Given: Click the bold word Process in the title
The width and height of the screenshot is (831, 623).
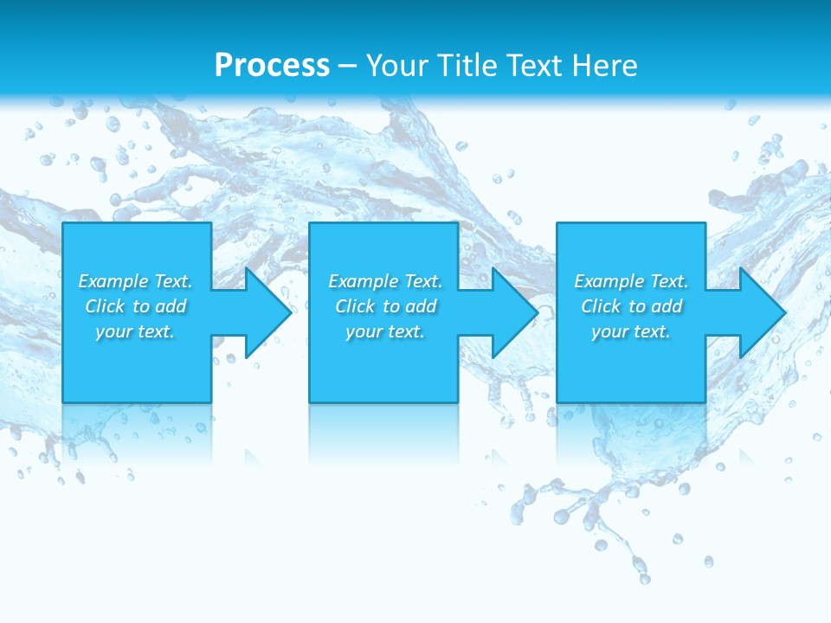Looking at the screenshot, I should pos(272,66).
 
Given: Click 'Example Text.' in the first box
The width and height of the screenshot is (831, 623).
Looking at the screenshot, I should pos(135,281).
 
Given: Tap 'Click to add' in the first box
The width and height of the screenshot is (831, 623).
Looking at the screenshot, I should pos(135,306).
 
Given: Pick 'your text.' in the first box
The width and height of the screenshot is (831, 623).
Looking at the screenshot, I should pos(135,331).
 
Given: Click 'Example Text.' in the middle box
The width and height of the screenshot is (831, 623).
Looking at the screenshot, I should pos(385,281).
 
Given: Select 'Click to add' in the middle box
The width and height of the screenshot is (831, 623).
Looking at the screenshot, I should pos(385,306).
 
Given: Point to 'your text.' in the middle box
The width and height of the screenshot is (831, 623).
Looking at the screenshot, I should pos(385,331).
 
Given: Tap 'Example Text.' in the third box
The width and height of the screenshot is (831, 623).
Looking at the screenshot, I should pos(631,281).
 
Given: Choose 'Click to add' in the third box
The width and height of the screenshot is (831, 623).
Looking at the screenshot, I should pos(631,306).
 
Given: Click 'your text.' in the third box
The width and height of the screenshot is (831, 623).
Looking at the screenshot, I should pos(631,331).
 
